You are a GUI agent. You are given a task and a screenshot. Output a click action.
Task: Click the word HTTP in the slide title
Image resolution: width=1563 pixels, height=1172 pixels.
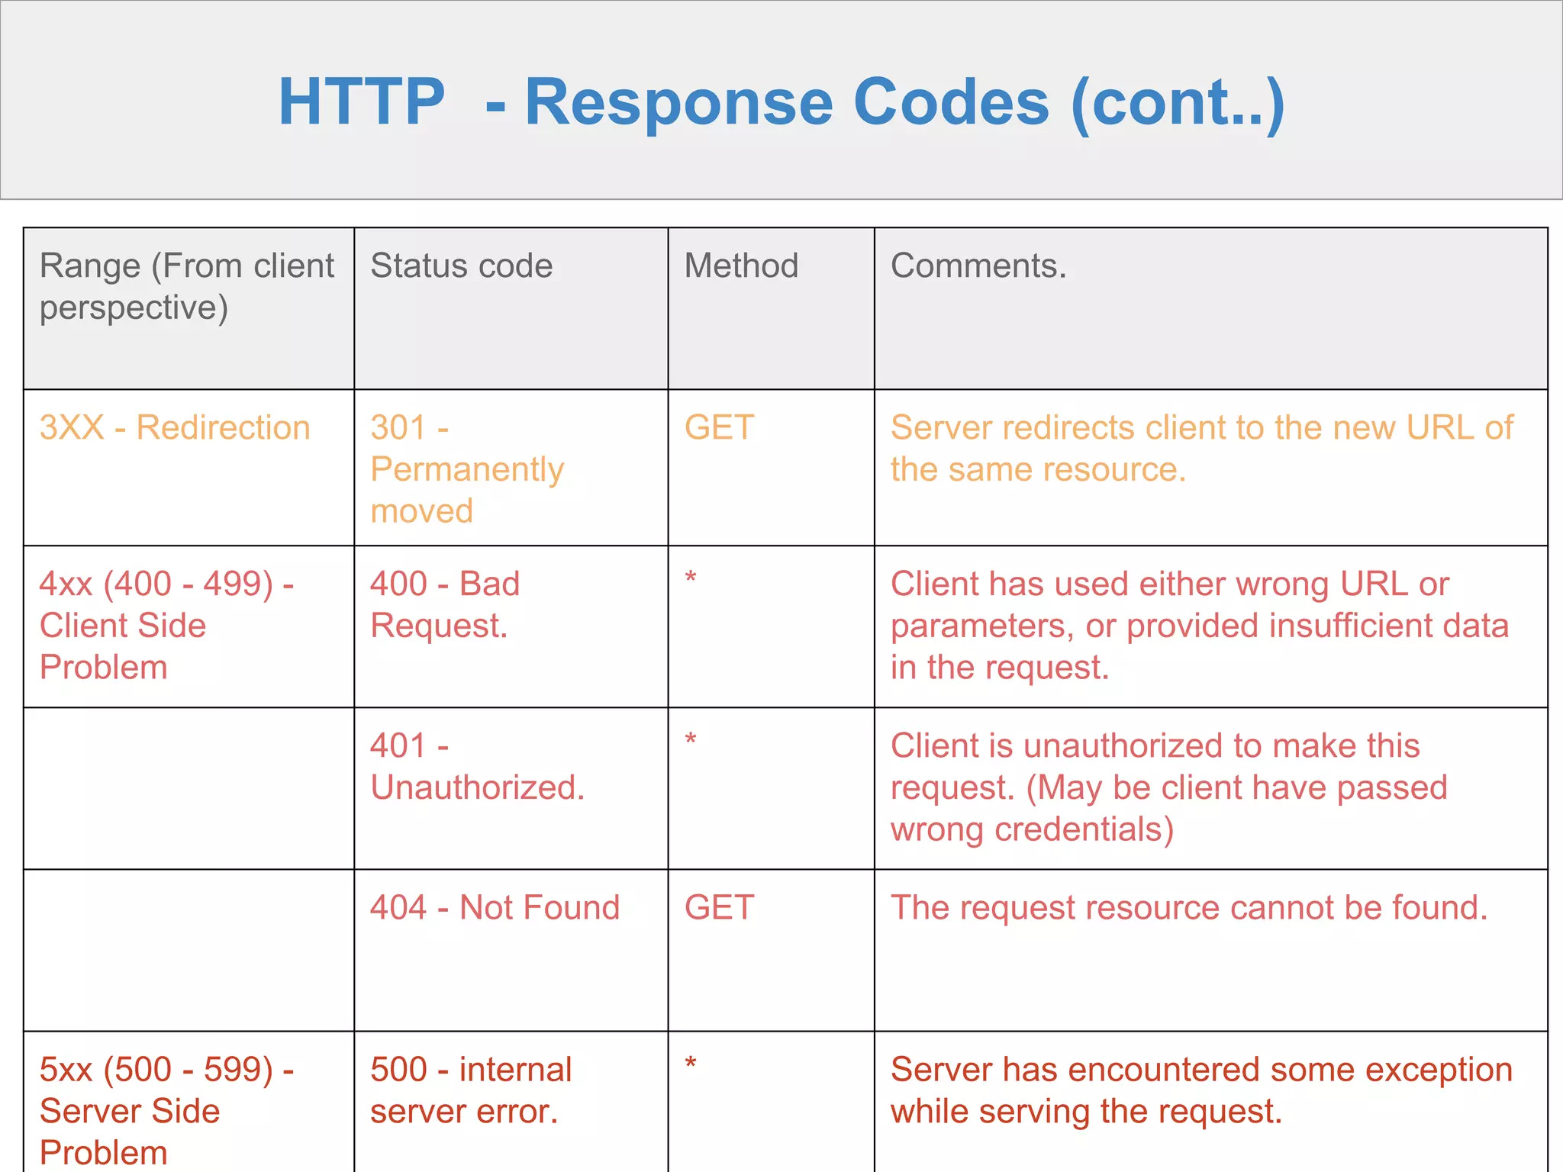361,102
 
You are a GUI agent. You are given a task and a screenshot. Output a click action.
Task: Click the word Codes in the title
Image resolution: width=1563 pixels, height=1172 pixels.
951,102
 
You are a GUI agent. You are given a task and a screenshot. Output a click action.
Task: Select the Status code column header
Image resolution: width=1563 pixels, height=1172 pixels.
461,266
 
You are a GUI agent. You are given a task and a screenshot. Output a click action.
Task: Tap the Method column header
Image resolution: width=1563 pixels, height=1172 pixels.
741,266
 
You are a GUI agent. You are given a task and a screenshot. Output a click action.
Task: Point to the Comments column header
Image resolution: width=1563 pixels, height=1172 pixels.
978,266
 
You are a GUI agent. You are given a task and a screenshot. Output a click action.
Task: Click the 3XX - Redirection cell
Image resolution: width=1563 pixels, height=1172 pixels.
175,427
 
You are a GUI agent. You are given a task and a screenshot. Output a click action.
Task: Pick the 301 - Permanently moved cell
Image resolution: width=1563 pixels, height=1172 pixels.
466,468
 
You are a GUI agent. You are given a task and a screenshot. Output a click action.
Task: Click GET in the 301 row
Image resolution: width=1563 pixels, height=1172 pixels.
719,427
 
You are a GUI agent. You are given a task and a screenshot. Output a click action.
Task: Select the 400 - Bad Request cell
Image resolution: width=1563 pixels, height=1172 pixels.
445,604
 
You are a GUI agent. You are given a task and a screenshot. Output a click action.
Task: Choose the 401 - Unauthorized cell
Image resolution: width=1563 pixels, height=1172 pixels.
477,766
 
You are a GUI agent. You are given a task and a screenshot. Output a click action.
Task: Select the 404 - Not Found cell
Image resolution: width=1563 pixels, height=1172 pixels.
495,908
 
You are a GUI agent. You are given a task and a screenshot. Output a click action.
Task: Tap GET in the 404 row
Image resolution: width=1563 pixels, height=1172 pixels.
719,908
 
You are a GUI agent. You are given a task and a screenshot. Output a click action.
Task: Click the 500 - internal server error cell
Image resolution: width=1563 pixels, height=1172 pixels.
470,1090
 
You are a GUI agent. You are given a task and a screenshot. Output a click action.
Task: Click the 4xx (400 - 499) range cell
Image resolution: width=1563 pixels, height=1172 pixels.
166,626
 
